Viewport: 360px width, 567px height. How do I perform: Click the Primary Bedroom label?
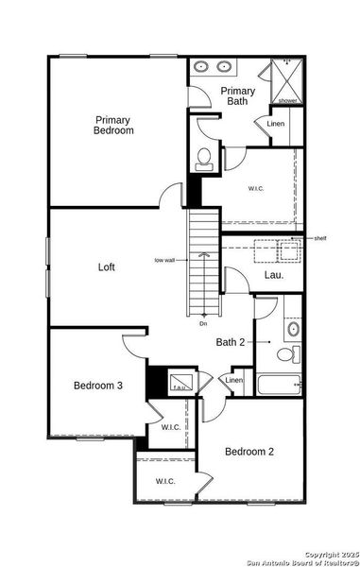coord(113,126)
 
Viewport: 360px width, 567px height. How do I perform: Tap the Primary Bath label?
coord(238,97)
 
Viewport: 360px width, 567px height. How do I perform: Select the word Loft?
coord(107,267)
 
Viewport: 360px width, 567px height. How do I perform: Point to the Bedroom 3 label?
coord(98,386)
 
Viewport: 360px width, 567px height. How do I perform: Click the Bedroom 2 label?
coord(249,452)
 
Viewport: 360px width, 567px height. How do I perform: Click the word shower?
coord(287,100)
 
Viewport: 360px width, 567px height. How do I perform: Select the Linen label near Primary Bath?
coord(276,124)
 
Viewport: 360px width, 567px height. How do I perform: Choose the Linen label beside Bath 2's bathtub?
coord(234,381)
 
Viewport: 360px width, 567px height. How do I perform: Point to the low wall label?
coord(164,260)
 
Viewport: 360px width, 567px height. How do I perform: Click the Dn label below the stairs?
coord(203,324)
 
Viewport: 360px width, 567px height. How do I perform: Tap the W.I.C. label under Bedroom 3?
coord(171,427)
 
